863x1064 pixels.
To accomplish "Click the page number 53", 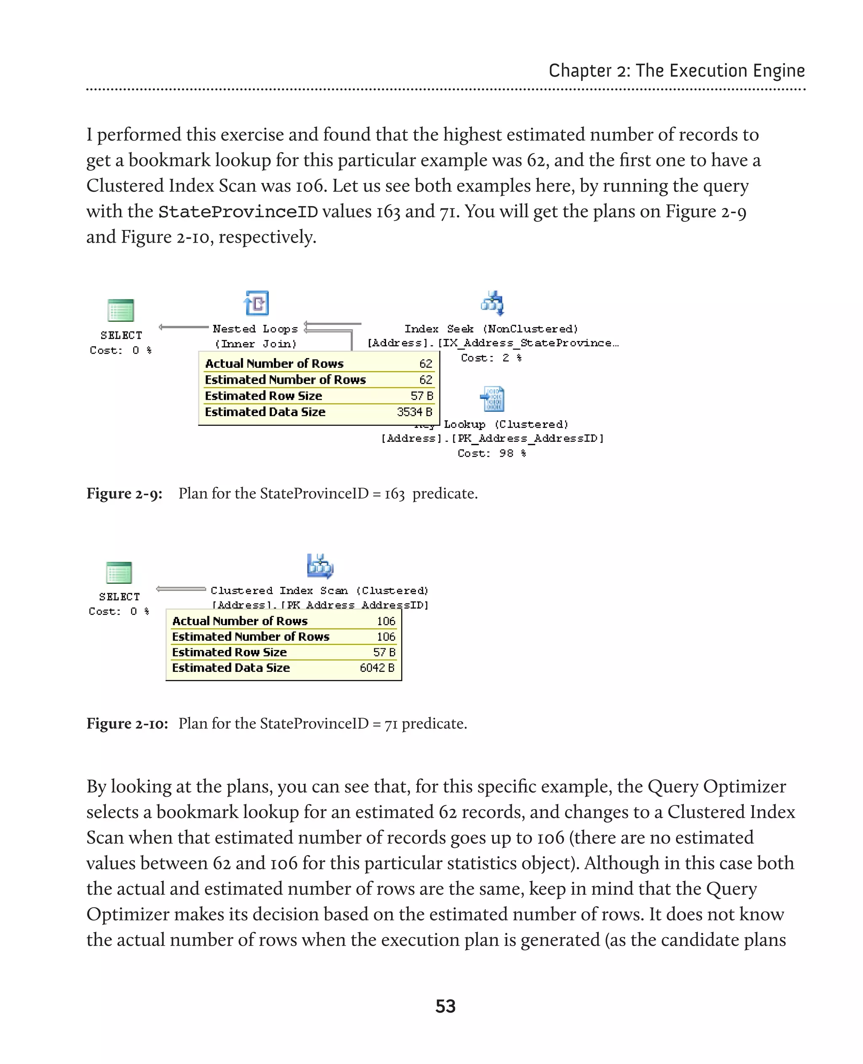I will point(445,1006).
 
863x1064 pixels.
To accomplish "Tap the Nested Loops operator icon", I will point(257,303).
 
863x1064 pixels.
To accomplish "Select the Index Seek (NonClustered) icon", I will point(493,303).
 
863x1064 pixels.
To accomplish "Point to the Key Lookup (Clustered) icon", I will point(493,398).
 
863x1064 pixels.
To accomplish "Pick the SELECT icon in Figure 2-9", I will point(121,310).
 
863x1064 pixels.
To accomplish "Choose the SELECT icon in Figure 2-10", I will point(119,572).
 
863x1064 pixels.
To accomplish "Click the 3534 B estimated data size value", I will point(415,412).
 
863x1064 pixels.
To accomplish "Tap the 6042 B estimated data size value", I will point(377,668).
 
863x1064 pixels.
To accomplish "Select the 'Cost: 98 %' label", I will point(491,453).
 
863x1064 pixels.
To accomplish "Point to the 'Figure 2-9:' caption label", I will point(124,494).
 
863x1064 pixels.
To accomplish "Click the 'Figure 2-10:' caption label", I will point(127,724).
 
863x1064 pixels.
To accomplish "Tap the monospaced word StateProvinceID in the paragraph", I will point(238,212).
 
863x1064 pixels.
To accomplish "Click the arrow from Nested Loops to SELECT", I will point(183,327).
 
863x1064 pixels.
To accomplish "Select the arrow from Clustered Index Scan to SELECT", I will point(180,589).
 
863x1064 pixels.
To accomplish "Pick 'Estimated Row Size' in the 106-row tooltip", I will point(229,652).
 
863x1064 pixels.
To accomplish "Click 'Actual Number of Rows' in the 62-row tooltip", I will point(274,363).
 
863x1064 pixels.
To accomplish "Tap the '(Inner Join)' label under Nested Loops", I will point(255,344).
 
